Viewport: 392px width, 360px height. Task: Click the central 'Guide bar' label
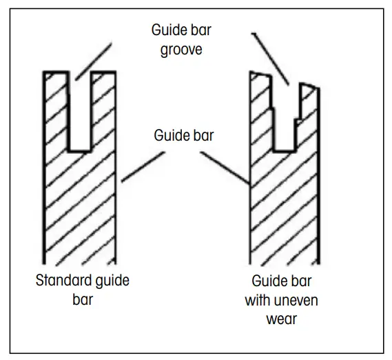[x=183, y=135]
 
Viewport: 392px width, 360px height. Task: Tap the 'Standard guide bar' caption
[x=83, y=290]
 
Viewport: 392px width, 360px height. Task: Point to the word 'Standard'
[x=62, y=281]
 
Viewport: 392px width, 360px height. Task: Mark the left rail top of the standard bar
[x=56, y=72]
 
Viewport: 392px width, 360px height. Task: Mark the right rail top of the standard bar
[x=104, y=72]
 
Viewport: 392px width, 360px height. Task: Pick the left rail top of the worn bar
[x=260, y=74]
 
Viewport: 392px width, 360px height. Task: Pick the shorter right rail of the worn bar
[x=309, y=86]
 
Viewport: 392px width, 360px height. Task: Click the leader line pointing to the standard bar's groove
[x=92, y=59]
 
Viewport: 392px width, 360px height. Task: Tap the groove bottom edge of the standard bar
[x=81, y=150]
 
